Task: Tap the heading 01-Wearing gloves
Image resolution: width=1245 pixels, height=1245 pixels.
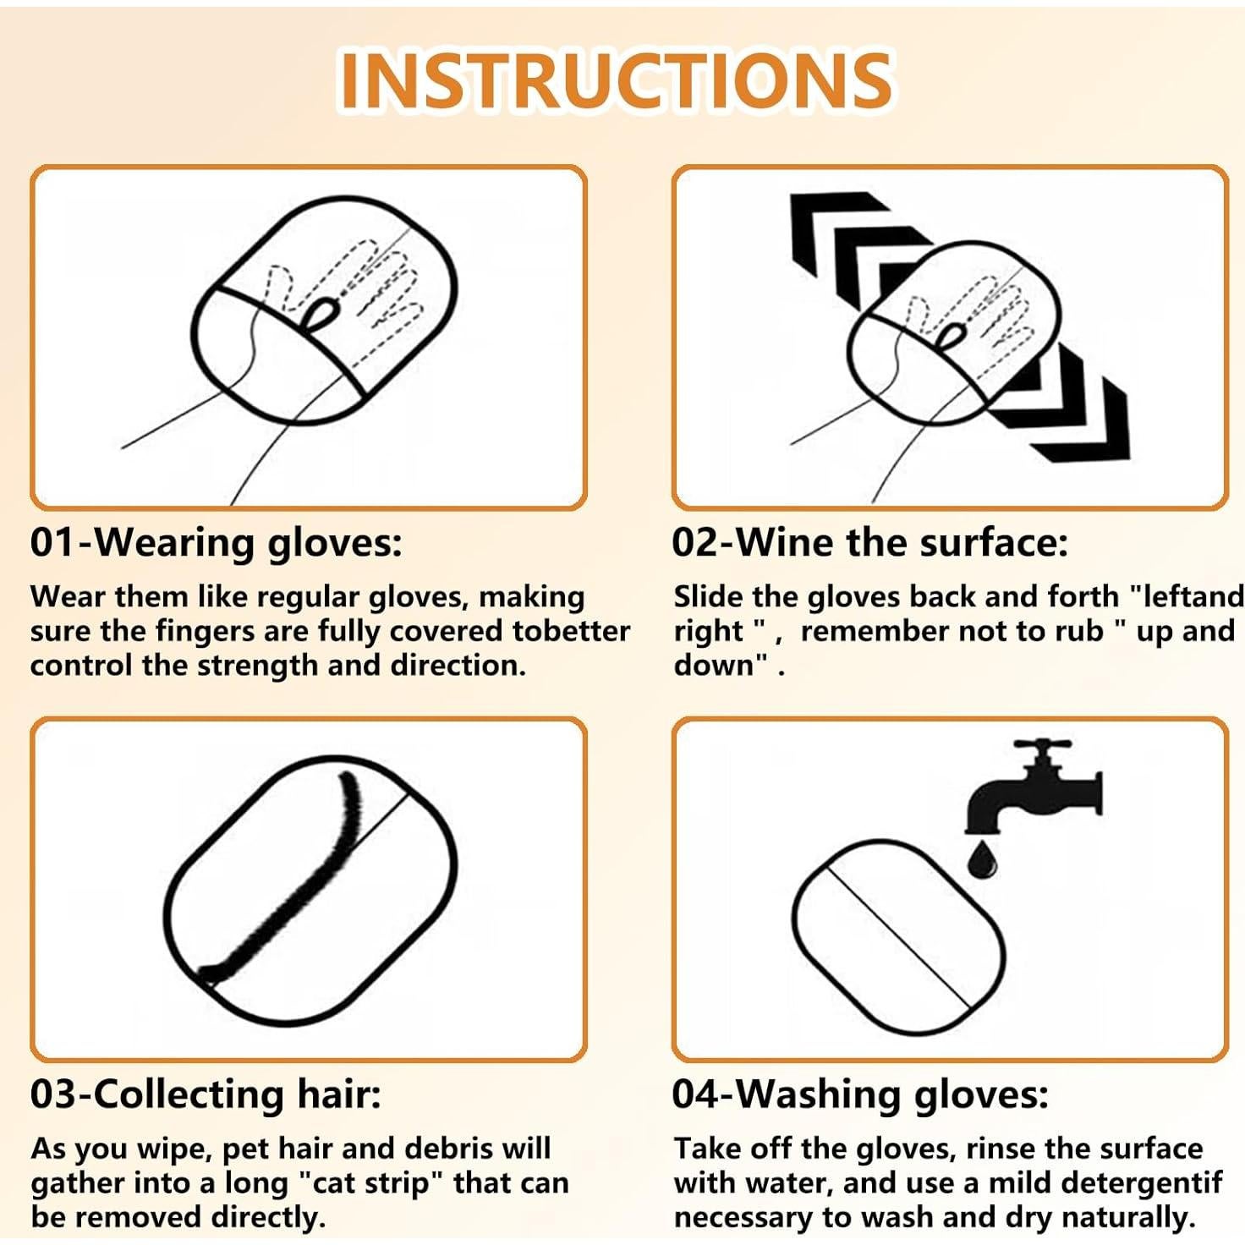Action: pos(216,542)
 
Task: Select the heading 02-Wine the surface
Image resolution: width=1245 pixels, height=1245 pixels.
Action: pos(869,542)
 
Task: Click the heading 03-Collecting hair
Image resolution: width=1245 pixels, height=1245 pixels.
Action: pos(206,1094)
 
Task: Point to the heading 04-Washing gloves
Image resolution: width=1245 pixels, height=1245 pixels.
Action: pos(859,1094)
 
